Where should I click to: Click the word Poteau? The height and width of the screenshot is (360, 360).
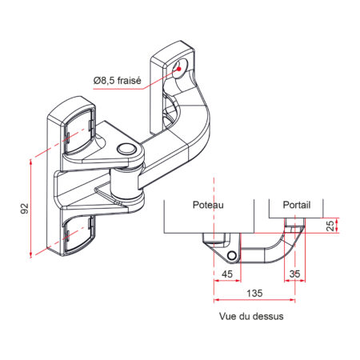[x=208, y=206]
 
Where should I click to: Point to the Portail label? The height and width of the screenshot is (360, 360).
[x=295, y=206]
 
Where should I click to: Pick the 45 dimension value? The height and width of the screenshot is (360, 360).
[x=227, y=274]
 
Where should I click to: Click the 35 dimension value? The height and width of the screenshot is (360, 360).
[x=295, y=274]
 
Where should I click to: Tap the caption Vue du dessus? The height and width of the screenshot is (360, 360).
[x=250, y=316]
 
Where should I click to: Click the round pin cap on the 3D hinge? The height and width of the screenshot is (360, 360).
[x=125, y=150]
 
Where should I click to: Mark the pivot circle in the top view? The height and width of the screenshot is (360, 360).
[x=232, y=254]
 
